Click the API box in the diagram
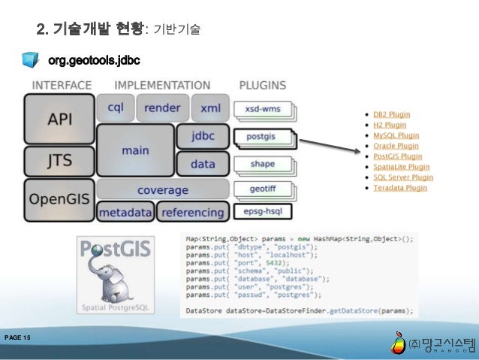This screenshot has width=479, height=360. [59, 119]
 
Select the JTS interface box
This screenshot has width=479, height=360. [59, 161]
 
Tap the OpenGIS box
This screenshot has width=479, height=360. [59, 199]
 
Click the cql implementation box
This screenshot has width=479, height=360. [115, 107]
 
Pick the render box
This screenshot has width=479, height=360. [162, 107]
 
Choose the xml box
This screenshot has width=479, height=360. [210, 107]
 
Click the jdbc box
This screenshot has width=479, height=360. [203, 137]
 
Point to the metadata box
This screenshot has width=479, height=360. [125, 212]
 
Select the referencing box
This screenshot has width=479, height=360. [193, 212]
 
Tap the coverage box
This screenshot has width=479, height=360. [162, 190]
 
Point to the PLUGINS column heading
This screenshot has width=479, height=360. [263, 85]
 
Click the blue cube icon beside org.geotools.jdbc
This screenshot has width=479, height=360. [31, 59]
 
